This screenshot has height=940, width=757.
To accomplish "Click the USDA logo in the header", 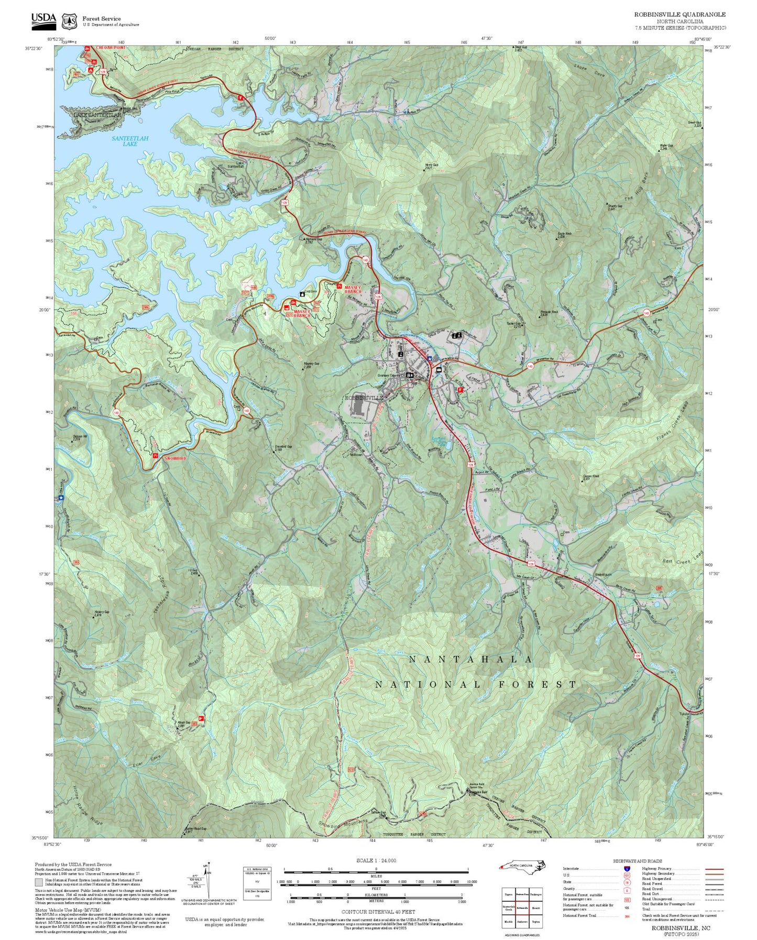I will (43, 19).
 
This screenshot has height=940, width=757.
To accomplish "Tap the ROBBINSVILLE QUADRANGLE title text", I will (680, 14).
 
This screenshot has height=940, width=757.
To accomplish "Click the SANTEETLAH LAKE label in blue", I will (130, 141).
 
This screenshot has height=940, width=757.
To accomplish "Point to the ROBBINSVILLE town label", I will (364, 398).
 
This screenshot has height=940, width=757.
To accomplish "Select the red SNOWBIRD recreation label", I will (175, 458).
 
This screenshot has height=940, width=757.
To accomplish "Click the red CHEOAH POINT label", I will (111, 48).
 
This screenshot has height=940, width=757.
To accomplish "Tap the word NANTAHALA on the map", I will (470, 660).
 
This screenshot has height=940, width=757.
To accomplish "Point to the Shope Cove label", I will (589, 71).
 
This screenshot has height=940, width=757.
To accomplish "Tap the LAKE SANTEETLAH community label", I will (97, 115).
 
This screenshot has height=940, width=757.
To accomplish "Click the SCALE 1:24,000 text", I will (376, 860).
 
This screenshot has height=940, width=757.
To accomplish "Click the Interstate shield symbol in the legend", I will (627, 869).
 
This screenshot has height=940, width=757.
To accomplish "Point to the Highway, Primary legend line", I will (715, 869).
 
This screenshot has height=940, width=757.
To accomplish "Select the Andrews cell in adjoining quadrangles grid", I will (522, 922).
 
